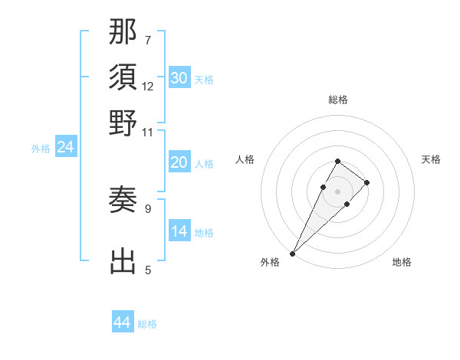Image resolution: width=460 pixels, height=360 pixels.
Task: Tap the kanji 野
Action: pos(123,123)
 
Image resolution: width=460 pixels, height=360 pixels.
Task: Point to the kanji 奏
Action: pos(123,201)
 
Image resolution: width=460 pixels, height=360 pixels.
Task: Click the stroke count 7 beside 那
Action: pos(148,39)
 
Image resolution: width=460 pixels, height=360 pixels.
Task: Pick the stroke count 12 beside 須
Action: pos(148,86)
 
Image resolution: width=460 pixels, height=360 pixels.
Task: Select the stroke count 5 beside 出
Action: pos(148,270)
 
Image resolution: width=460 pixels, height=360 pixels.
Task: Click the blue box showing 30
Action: pos(179,78)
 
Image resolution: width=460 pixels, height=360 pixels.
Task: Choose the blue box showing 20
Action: pos(179,162)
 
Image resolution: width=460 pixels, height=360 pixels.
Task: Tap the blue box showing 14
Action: pos(179,231)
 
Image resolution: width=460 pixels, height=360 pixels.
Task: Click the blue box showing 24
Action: pos(65,148)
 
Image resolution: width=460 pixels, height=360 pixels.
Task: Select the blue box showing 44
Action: pos(123,322)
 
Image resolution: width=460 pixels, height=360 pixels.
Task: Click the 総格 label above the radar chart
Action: pos(338,100)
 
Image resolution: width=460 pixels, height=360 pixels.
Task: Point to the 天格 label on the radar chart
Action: pos(432,159)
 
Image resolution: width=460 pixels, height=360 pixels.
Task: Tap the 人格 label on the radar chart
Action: pos(245,159)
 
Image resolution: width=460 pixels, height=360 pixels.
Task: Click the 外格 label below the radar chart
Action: pos(270,262)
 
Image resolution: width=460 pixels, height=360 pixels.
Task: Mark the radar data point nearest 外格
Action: pos(293,253)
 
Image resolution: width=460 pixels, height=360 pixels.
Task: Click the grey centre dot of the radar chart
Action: pos(338,191)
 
